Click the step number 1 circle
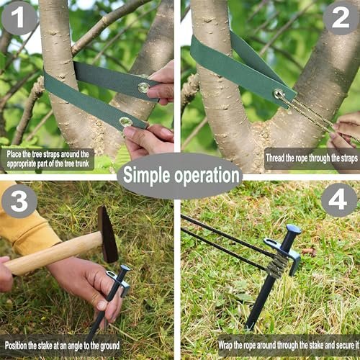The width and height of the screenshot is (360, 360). tap(19, 17)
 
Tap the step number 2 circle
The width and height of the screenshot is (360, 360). tap(341, 17)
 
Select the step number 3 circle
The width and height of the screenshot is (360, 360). tap(19, 201)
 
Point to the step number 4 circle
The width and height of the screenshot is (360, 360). tap(339, 200)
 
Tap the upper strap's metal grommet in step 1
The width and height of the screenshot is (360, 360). tap(144, 88)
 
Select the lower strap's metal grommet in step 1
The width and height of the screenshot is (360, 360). tap(126, 122)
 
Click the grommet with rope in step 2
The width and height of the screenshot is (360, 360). tap(279, 94)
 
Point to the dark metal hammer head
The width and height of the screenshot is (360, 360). tap(107, 234)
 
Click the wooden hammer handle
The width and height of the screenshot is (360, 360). tap(54, 253)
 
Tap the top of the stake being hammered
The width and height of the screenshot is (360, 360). tap(125, 269)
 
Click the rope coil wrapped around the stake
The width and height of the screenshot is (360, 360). tap(277, 265)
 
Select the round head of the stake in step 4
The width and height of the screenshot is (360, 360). tap(294, 230)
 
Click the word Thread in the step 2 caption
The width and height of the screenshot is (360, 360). tap(275, 158)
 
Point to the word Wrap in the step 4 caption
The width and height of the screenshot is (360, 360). tap(225, 346)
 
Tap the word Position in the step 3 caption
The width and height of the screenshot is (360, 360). tap(16, 346)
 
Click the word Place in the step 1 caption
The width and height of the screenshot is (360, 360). tap(14, 154)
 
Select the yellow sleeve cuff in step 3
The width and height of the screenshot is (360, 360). tap(36, 236)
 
